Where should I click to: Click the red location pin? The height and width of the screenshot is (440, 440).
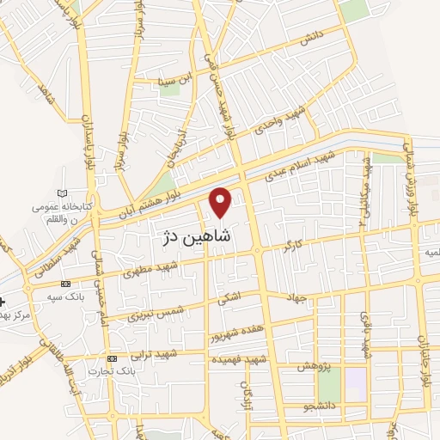(222, 201)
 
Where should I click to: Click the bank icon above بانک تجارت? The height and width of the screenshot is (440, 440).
(112, 357)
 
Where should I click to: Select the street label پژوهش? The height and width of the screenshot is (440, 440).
(315, 366)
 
